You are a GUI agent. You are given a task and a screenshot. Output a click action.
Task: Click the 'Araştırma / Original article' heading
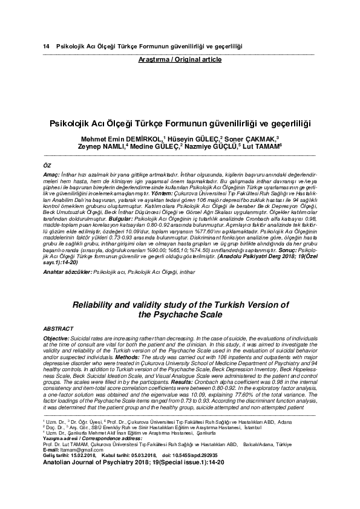point(180,59)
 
